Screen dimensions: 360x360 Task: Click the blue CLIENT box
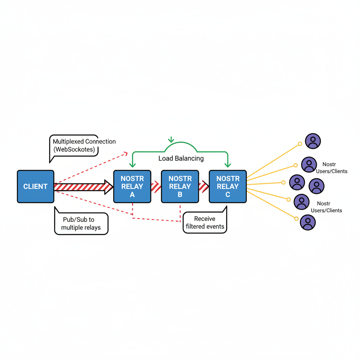[x=36, y=186]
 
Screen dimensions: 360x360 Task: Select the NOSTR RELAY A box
[x=132, y=186]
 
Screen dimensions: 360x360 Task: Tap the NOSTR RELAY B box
[x=180, y=186]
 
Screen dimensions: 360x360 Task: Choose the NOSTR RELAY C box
[x=228, y=186]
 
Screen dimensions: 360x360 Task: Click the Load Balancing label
[x=181, y=158]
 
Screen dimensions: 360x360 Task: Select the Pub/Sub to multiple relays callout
[x=81, y=224]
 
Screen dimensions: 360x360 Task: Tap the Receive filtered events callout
[x=205, y=223]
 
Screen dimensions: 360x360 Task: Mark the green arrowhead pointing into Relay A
[x=132, y=164]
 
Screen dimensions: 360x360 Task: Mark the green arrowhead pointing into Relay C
[x=228, y=164]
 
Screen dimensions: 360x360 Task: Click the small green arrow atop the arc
[x=171, y=140]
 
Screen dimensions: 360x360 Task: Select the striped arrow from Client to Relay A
[x=83, y=187]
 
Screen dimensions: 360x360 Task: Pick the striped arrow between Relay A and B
[x=156, y=187]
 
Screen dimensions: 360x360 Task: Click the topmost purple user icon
[x=313, y=141]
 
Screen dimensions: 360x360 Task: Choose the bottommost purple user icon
[x=308, y=223]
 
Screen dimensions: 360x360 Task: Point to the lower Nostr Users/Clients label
[x=327, y=207]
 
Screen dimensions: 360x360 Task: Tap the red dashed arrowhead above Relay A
[x=126, y=153]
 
